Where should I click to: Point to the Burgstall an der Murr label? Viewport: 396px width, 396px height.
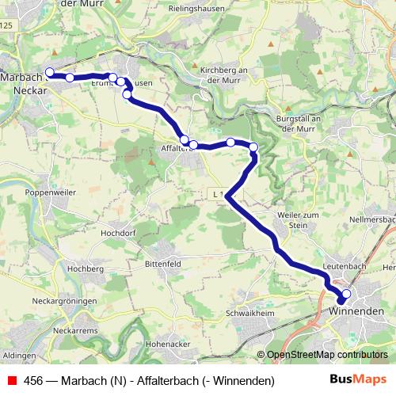(295, 124)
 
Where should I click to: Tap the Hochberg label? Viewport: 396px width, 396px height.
(87, 269)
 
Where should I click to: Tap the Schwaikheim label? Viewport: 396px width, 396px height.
(249, 313)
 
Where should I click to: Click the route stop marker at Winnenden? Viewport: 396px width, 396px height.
(345, 294)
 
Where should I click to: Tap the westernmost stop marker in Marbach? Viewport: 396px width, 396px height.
(49, 72)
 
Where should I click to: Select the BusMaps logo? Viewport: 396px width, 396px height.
(358, 380)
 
